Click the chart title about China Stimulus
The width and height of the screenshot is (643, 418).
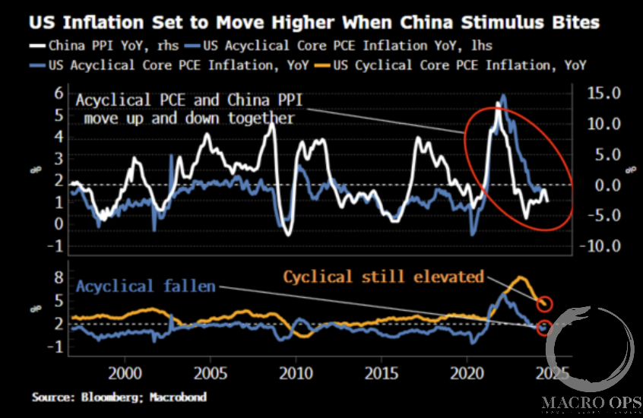coord(314,23)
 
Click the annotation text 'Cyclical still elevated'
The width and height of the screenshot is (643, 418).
coord(384,276)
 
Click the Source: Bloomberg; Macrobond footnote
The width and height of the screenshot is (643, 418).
coord(119,397)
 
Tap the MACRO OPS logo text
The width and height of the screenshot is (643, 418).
coord(591,401)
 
